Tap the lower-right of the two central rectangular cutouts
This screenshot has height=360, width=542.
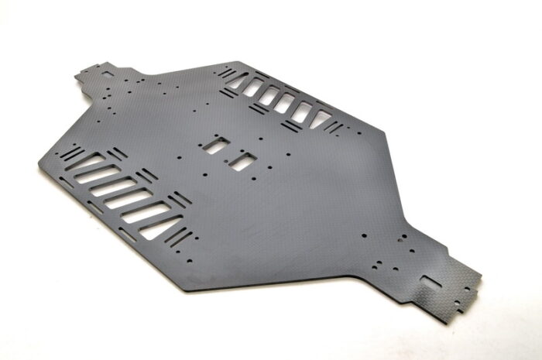(x=243, y=159)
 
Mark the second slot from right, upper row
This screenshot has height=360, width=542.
(x=302, y=111)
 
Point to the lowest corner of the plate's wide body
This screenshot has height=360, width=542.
(x=184, y=291)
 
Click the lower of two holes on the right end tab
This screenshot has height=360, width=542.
(x=452, y=286)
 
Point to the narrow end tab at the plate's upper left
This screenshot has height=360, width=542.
(x=101, y=74)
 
